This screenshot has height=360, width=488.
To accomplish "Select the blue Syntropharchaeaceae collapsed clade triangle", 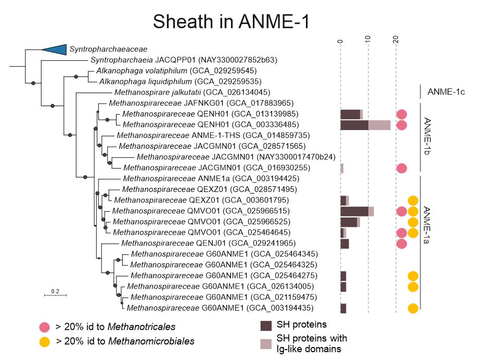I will (x=55, y=49).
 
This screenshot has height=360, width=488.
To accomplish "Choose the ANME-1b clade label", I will (x=428, y=135).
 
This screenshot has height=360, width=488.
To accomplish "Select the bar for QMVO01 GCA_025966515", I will (x=357, y=211).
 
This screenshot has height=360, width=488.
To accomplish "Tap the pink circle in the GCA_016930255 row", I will (x=401, y=168).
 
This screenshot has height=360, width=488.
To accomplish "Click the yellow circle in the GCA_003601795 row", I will (x=413, y=201).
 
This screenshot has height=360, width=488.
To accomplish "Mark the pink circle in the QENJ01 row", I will (x=401, y=243).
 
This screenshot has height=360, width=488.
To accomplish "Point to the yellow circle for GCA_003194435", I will (x=413, y=308).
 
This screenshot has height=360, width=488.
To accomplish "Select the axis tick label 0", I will (x=340, y=40).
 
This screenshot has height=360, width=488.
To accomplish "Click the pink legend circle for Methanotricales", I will (x=45, y=327).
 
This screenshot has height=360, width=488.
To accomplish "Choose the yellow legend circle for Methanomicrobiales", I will (x=45, y=342).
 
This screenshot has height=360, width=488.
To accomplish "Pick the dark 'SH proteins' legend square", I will (x=266, y=326).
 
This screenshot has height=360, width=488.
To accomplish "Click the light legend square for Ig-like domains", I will (x=266, y=343).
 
